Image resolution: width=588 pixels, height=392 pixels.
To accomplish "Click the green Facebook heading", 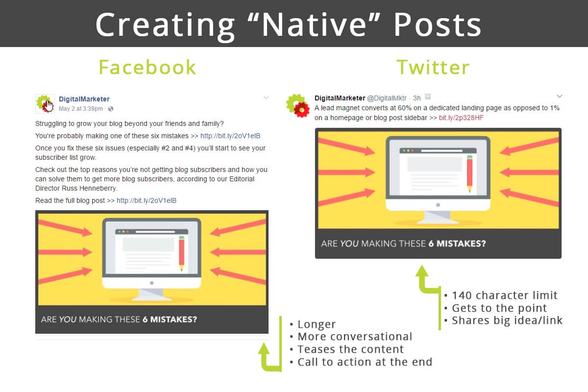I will pos(147,67).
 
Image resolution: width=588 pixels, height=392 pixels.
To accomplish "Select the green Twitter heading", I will pos(433,67).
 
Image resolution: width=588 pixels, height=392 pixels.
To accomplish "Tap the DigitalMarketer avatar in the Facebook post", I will pos(45,103).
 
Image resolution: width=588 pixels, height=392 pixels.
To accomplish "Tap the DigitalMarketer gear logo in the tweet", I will pos(298,106).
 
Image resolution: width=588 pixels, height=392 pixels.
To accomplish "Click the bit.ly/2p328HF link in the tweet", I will pos(461,118).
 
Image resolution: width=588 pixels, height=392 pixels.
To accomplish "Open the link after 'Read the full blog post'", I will pos(147,200).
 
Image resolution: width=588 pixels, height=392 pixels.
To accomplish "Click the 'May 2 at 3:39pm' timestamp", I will pos(81,109).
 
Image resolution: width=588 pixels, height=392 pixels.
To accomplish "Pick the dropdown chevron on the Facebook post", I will pos(266,98).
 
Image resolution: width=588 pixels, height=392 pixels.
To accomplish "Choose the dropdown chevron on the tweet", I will pos(560,96).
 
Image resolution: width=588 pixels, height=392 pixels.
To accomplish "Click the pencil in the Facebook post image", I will pos(182,253).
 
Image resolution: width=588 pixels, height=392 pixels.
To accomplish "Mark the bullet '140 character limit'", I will pos(504,295).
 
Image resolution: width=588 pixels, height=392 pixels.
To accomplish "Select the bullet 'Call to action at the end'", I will pos(365,362).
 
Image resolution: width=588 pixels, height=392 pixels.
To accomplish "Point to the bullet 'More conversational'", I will pos(354,337).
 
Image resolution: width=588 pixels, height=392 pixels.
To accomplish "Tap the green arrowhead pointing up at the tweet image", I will pos(422,271).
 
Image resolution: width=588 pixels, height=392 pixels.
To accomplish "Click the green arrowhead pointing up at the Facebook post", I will pos(265,348).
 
